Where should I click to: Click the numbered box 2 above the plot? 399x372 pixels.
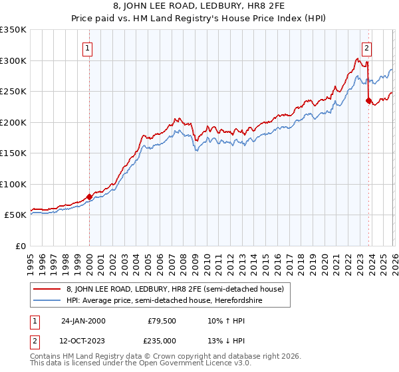[x=366, y=47]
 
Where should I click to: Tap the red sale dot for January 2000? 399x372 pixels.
[x=89, y=197]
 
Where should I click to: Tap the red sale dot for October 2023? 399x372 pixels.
[x=368, y=101]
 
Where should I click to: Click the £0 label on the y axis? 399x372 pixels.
[x=20, y=246]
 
